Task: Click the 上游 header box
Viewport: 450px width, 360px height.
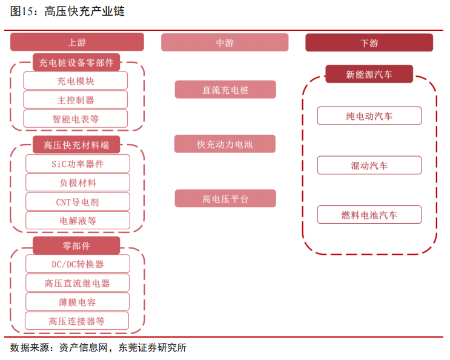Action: click(77, 42)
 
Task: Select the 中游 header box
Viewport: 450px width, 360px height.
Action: click(225, 42)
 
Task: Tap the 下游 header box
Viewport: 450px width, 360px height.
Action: click(369, 43)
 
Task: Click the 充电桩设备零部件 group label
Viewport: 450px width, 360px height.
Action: click(76, 62)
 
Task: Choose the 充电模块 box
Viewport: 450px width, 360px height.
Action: click(76, 80)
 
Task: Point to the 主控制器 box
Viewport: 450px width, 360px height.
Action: click(76, 100)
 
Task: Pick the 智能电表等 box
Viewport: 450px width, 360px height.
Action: click(76, 119)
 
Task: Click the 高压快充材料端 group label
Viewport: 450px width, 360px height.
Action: click(76, 145)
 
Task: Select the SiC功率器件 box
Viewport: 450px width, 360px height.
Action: click(78, 163)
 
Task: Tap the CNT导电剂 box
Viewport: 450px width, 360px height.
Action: click(78, 202)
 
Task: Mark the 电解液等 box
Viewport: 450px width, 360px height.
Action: click(78, 220)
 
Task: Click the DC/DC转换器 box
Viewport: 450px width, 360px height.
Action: click(78, 264)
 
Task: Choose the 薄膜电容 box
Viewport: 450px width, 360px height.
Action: click(78, 302)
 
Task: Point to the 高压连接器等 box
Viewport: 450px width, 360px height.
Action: click(77, 321)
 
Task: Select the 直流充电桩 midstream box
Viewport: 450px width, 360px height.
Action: click(225, 90)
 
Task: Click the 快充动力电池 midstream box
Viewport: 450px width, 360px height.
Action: click(225, 144)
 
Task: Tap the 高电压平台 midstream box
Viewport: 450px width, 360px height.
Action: click(225, 198)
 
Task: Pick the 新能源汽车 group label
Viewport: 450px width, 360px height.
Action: click(369, 74)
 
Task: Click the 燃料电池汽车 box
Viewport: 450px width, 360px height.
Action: click(369, 215)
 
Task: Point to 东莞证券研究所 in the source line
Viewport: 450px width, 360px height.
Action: click(153, 348)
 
